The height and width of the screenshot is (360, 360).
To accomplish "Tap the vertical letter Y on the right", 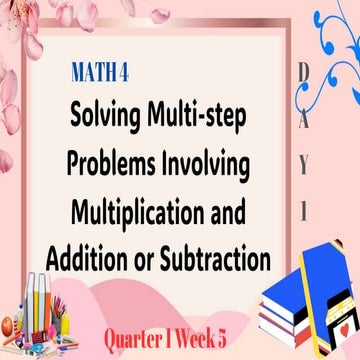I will click(303, 166).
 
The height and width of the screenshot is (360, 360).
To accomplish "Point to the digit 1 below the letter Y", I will click(303, 211).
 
